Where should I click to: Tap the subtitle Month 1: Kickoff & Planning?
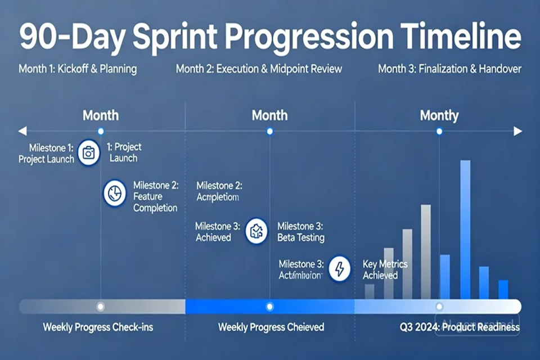[x=78, y=69]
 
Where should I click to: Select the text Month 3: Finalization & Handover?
[x=449, y=69]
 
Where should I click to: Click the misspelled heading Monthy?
[x=439, y=116]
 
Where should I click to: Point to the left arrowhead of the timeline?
[x=22, y=131]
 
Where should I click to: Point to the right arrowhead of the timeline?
[x=517, y=131]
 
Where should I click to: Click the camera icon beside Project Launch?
[x=88, y=153]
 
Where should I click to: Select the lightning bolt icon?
[x=339, y=269]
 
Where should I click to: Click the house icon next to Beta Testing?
[x=256, y=231]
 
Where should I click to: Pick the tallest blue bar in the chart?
[x=465, y=229]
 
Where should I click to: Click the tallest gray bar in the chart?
[x=426, y=251]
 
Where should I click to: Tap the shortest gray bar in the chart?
[x=370, y=291]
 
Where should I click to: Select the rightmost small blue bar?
[x=503, y=289]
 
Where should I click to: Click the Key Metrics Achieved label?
[x=385, y=269]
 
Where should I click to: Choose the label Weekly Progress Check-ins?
[x=98, y=327]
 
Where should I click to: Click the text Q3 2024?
[x=417, y=327]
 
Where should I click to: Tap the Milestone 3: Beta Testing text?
[x=300, y=232]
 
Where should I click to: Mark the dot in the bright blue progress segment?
[x=269, y=307]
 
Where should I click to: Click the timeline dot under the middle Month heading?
[x=269, y=131]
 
